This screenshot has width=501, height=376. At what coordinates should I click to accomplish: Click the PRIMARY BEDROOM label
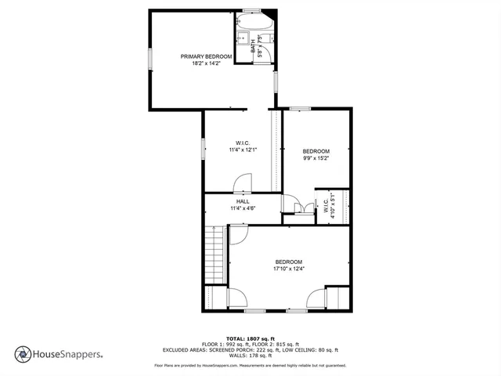[x=206, y=56]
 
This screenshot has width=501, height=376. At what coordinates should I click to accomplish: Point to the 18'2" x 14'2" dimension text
[x=206, y=63]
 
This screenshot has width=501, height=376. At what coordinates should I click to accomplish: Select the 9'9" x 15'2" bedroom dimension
[x=316, y=158]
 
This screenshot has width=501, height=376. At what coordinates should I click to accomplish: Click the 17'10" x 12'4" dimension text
[x=288, y=269]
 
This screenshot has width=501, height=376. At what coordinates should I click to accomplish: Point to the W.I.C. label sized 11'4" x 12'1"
[x=243, y=143]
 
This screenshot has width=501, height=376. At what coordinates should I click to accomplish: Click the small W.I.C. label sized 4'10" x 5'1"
[x=326, y=208]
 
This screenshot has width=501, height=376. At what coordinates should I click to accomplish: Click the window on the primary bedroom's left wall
[x=149, y=60]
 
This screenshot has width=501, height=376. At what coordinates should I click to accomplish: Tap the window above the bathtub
[x=251, y=11]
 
